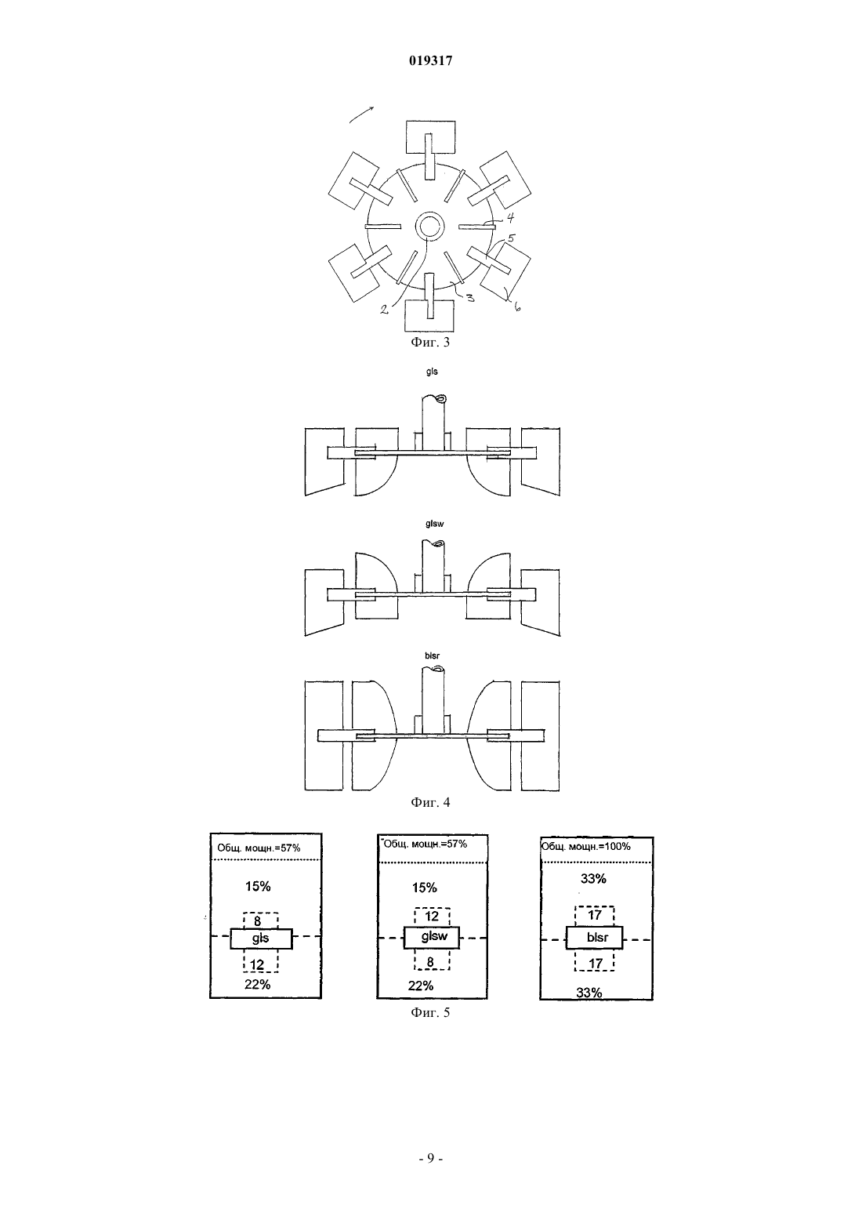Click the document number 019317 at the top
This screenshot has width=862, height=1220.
pyautogui.click(x=430, y=61)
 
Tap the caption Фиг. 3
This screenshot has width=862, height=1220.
pyautogui.click(x=430, y=342)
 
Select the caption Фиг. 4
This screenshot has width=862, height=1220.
pyautogui.click(x=430, y=802)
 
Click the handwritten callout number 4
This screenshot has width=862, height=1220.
pyautogui.click(x=510, y=218)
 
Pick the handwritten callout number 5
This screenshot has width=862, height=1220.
pyautogui.click(x=510, y=238)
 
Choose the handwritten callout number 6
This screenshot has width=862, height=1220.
pyautogui.click(x=516, y=307)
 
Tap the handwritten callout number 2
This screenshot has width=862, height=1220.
pyautogui.click(x=384, y=310)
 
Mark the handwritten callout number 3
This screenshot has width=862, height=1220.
pyautogui.click(x=469, y=297)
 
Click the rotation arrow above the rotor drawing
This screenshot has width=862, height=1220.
pyautogui.click(x=360, y=114)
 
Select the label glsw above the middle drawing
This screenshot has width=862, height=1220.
pyautogui.click(x=434, y=524)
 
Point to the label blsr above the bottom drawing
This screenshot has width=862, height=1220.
pyautogui.click(x=432, y=655)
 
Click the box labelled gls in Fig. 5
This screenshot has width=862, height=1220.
pyautogui.click(x=261, y=939)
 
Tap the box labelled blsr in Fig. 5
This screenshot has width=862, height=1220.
pyautogui.click(x=594, y=938)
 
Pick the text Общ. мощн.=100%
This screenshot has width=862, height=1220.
pyautogui.click(x=585, y=846)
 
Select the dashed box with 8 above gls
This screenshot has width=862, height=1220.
pyautogui.click(x=261, y=920)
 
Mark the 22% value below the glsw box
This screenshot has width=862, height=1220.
pyautogui.click(x=421, y=986)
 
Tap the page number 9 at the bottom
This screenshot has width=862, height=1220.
pyautogui.click(x=430, y=1158)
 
